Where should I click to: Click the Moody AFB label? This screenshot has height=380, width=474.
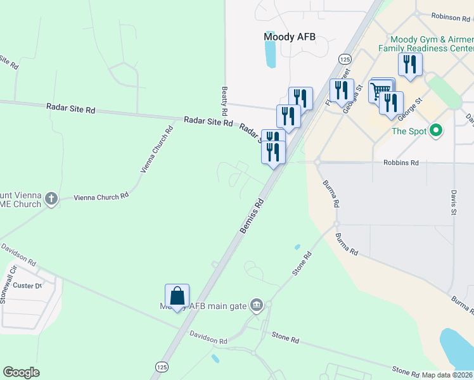point(289,37)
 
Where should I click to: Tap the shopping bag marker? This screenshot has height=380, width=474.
point(177,296)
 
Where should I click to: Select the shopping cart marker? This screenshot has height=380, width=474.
point(381,89)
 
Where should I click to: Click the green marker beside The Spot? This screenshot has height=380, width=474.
point(435,131)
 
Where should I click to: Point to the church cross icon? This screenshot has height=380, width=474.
point(51,199)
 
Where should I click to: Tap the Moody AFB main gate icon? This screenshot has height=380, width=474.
point(256,305)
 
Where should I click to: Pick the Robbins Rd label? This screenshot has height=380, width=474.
point(401,163)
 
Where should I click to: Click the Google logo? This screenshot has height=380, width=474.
point(21,372)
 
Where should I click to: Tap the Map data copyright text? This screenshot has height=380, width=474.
point(447,375)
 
